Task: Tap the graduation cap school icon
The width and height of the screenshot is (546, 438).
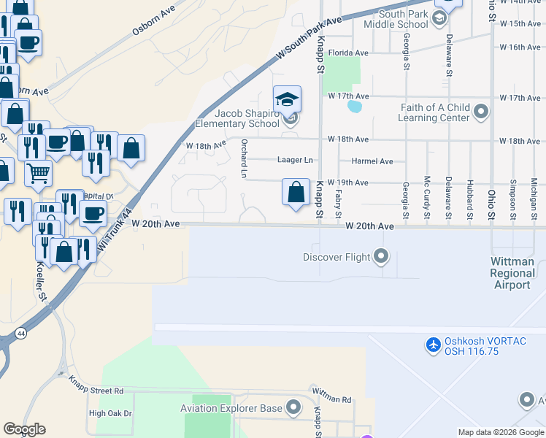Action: click(x=288, y=99)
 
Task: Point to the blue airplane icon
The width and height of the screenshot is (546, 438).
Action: click(x=434, y=344)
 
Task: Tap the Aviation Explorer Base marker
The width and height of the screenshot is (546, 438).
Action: click(x=294, y=407)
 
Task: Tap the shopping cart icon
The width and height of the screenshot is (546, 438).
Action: click(x=38, y=173)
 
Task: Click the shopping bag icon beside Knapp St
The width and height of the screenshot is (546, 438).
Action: click(x=296, y=193)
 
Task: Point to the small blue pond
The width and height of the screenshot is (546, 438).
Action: click(x=355, y=107)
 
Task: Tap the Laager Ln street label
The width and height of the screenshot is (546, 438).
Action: click(x=295, y=161)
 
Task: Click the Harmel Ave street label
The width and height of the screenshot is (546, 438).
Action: click(x=372, y=161)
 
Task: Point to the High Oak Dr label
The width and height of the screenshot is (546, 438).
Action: click(x=110, y=413)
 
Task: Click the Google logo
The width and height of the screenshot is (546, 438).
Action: click(x=25, y=429)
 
